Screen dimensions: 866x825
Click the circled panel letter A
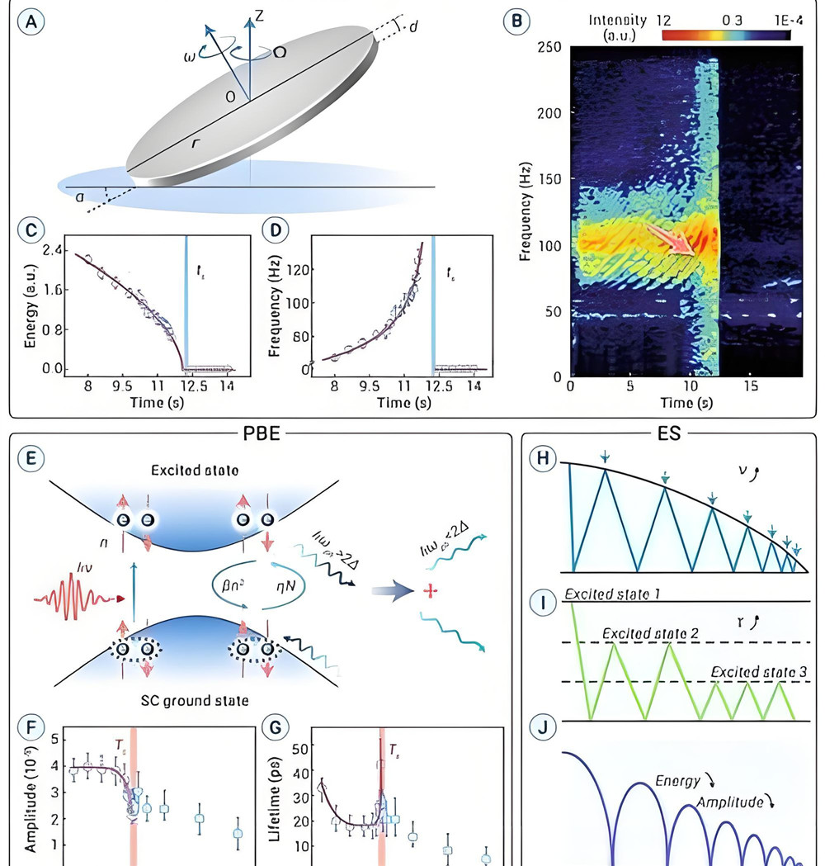point(31,20)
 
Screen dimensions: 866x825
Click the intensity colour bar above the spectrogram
point(725,35)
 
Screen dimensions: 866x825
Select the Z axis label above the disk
point(258,15)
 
